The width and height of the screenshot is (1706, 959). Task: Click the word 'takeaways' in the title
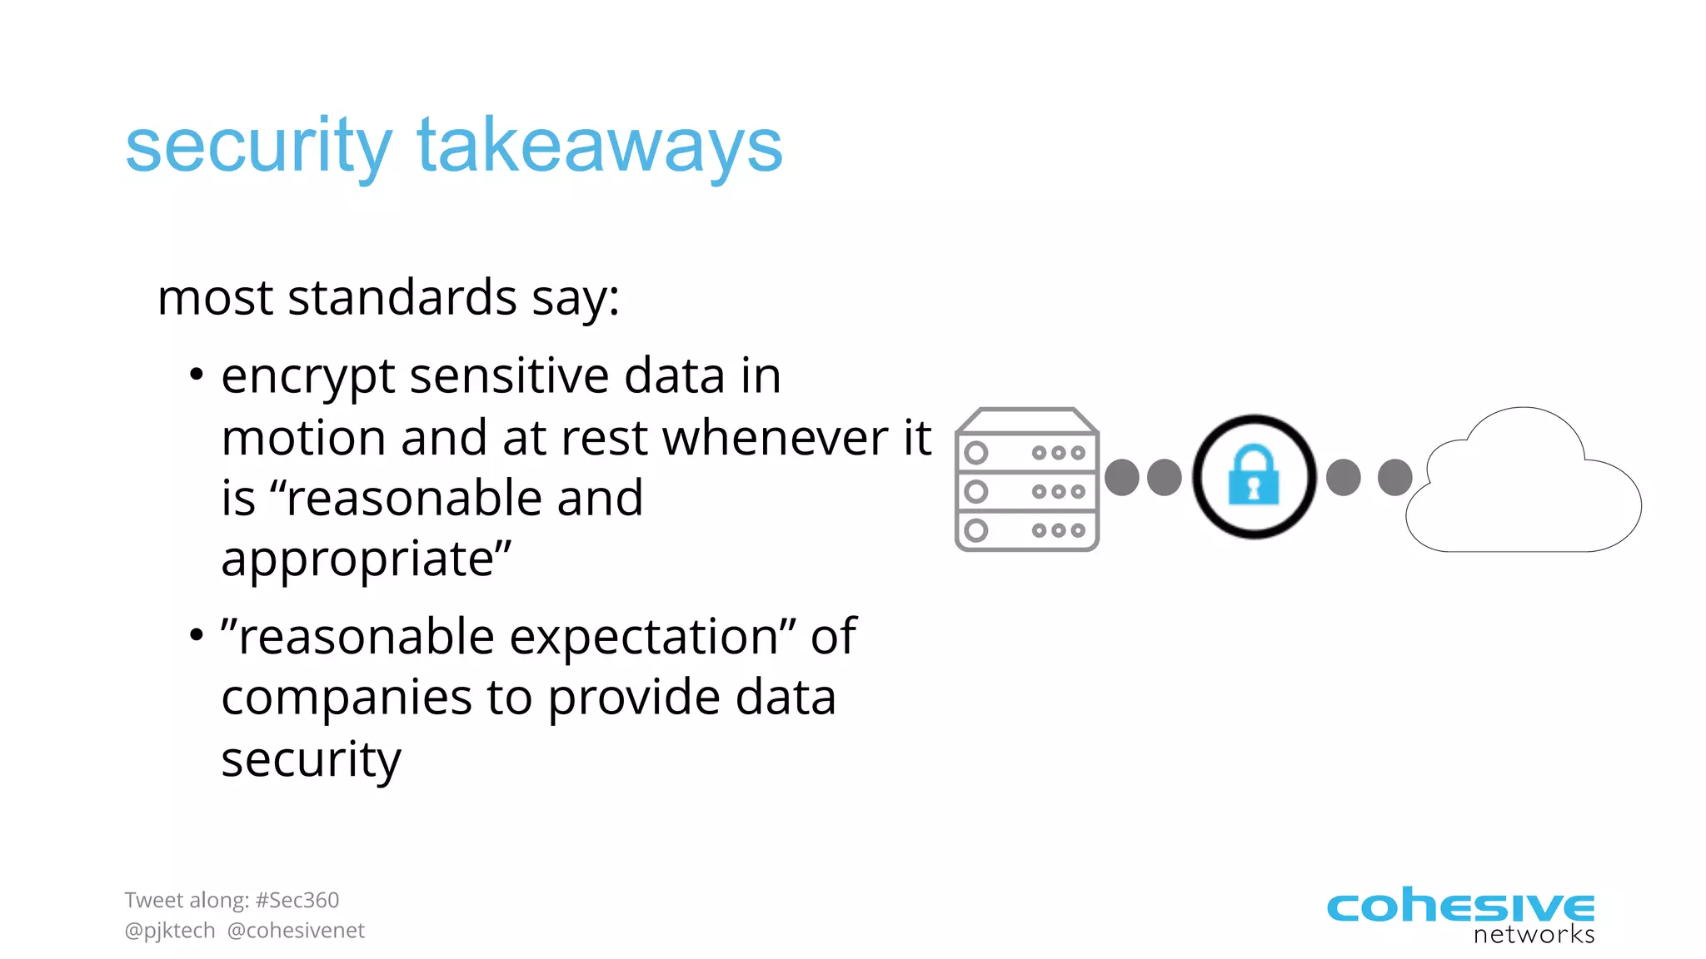click(x=600, y=147)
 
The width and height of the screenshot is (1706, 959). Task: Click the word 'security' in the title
click(x=258, y=147)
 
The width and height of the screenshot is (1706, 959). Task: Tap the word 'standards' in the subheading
click(x=402, y=298)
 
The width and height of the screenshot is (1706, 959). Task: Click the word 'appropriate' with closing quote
click(x=367, y=559)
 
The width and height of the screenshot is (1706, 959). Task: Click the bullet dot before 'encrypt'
click(x=196, y=375)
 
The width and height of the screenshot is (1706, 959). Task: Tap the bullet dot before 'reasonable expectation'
click(x=196, y=636)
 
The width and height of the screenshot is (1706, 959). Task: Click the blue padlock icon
click(x=1254, y=475)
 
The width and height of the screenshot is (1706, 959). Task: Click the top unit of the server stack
click(x=1026, y=452)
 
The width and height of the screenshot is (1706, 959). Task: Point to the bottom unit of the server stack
click(x=1026, y=530)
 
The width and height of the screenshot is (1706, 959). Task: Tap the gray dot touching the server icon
click(x=1121, y=478)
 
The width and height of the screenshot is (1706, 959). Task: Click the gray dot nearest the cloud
click(x=1394, y=478)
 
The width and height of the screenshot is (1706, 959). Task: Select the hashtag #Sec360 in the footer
click(x=297, y=900)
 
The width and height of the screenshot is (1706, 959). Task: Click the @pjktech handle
click(x=170, y=931)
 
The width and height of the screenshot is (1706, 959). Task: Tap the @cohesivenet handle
click(x=296, y=931)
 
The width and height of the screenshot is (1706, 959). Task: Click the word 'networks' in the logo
click(x=1534, y=935)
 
